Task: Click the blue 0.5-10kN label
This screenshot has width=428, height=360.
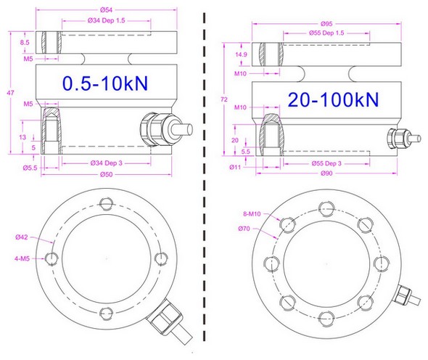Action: (x=105, y=83)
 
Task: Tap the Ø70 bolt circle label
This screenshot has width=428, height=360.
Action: (x=245, y=229)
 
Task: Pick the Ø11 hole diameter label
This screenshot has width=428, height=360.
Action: (x=235, y=168)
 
